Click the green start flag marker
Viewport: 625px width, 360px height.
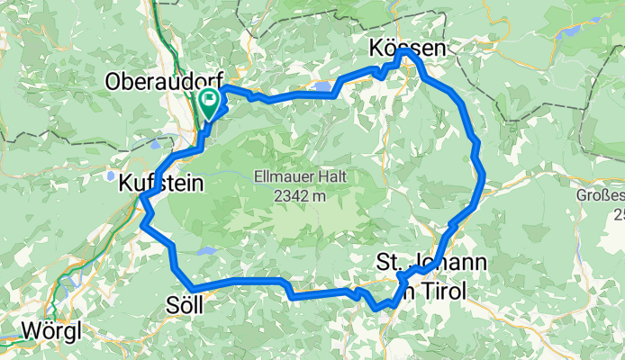[211, 102]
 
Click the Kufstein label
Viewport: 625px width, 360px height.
[159, 183]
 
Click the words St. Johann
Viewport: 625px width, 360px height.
[430, 263]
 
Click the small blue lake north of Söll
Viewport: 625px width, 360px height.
[207, 252]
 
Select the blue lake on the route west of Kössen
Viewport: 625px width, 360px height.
[322, 88]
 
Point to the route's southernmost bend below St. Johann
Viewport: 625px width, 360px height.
[385, 308]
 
